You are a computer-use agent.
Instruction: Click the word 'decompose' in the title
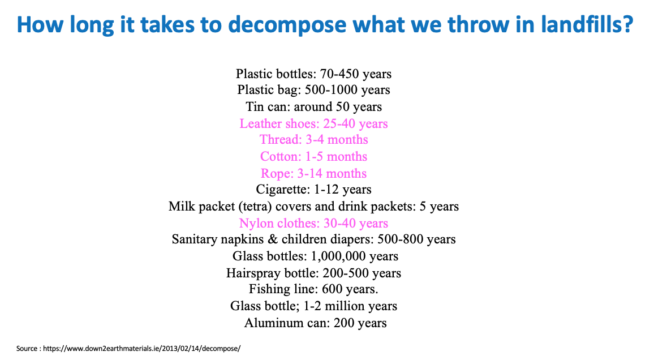point(287,25)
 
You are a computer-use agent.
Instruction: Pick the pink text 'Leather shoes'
point(279,123)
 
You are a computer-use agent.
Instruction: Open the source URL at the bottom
point(142,349)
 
